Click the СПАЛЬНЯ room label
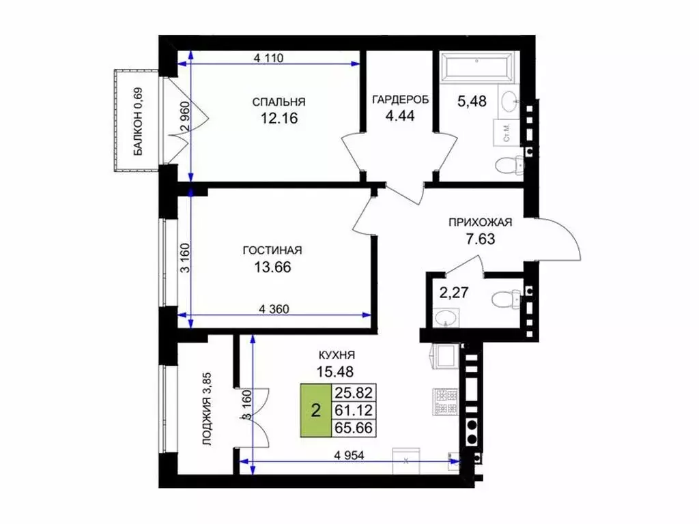click(x=279, y=102)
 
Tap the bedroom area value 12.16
click(x=279, y=119)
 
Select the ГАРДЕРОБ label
click(x=400, y=100)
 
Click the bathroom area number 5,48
click(x=472, y=101)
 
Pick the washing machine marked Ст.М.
click(x=507, y=133)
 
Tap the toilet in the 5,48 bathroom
click(x=510, y=166)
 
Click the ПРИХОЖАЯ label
click(x=480, y=222)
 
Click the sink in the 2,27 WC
click(x=446, y=318)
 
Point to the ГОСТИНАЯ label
click(x=272, y=250)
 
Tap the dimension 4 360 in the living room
click(x=274, y=308)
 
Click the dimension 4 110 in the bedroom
click(x=268, y=58)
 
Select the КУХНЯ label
click(x=337, y=355)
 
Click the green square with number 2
click(x=315, y=410)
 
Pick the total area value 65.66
click(x=354, y=428)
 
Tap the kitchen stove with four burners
click(x=445, y=401)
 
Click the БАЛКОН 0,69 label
click(x=139, y=121)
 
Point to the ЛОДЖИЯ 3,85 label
click(x=207, y=409)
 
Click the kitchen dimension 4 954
click(x=349, y=455)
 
